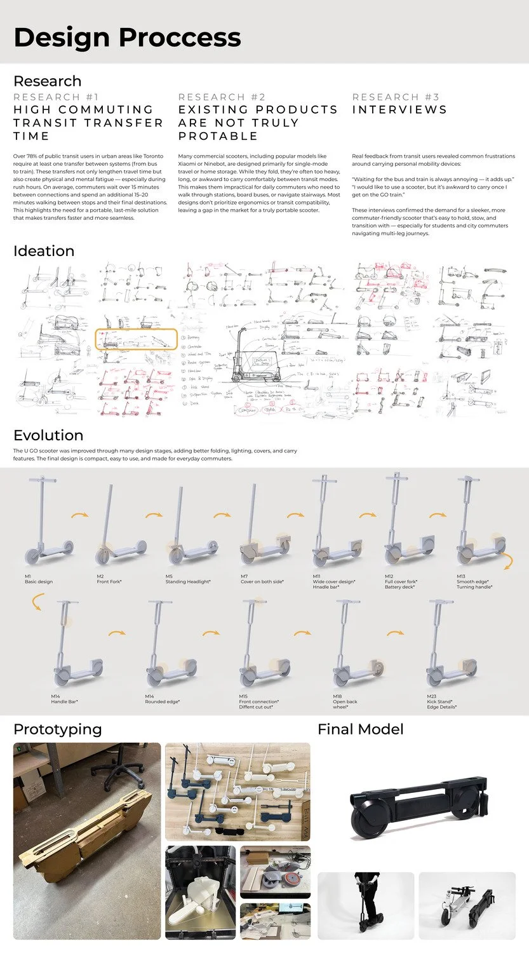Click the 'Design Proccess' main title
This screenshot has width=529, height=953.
coord(127,37)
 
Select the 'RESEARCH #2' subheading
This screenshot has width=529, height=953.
coord(222,97)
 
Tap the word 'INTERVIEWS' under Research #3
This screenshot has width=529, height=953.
coord(399,110)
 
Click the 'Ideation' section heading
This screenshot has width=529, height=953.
coord(44,251)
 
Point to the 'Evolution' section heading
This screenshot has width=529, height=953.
coord(48,435)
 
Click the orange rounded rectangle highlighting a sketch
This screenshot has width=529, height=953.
coord(135,339)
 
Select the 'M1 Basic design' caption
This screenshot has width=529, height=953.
coord(38,579)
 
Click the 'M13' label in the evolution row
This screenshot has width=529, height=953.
coord(461,576)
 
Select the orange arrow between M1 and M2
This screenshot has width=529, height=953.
coord(79,516)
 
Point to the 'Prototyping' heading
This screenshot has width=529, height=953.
coord(57,729)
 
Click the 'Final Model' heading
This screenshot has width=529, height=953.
coord(360,729)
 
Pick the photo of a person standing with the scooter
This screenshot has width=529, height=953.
coord(365,905)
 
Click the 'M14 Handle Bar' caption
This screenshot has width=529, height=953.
coord(64,699)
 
